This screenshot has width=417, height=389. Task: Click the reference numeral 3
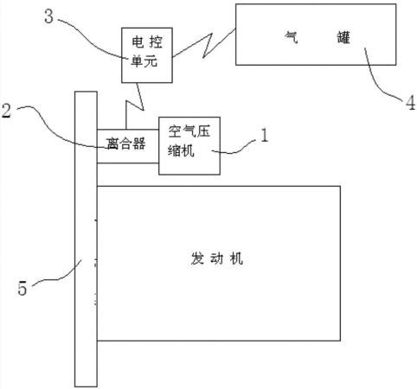click(x=49, y=16)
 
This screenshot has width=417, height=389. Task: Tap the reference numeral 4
click(x=411, y=102)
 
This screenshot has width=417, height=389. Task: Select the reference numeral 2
click(x=6, y=111)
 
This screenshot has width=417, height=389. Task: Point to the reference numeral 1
click(x=264, y=135)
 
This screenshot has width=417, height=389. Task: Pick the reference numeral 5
click(x=22, y=289)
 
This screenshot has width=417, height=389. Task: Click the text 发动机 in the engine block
click(x=216, y=258)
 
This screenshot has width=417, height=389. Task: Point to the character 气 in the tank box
click(x=291, y=37)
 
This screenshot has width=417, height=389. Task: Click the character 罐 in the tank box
click(x=343, y=37)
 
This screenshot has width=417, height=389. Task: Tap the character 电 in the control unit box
click(x=138, y=42)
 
